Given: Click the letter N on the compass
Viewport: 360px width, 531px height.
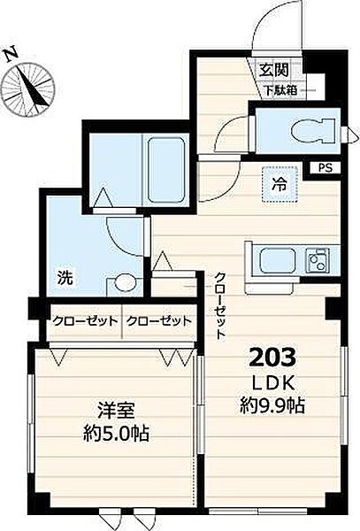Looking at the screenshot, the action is [11, 55].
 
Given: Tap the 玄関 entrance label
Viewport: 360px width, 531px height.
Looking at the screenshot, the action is [274, 70].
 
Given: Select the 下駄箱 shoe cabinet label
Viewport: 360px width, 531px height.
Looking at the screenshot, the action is [280, 90].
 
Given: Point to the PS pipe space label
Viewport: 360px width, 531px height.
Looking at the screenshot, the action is [326, 168].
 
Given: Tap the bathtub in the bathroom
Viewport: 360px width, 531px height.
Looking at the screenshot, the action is [167, 169].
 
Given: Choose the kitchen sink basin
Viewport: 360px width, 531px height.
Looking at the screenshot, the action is [277, 260].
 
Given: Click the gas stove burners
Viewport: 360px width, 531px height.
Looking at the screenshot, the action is [318, 260].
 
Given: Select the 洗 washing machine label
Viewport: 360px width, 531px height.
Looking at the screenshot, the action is [65, 278].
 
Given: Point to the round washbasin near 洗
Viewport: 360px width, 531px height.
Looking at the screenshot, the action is [125, 283].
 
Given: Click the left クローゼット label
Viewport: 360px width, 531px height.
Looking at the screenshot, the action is [85, 320].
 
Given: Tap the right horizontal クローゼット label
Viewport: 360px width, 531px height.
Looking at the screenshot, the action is [159, 320].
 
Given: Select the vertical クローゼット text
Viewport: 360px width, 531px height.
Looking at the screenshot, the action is [220, 306].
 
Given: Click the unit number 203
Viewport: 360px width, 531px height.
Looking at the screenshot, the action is [272, 358].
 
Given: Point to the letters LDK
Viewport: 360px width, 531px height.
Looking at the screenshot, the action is [272, 384].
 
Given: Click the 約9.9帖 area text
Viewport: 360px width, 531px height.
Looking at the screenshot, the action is [272, 405].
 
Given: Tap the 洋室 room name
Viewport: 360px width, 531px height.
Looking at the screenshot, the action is [116, 411].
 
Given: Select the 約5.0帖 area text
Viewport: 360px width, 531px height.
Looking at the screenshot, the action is [116, 433].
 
